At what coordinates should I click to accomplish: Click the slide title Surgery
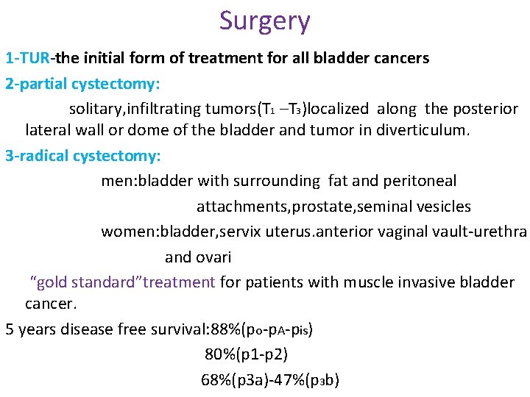pos(264,21)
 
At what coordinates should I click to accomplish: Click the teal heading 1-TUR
pos(27,58)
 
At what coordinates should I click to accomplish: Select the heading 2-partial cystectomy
pos(82,84)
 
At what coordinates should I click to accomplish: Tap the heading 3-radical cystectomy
pos(82,156)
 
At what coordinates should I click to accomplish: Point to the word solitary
pos(95,109)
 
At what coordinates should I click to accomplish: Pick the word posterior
pos(484,109)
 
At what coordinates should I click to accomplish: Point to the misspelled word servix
pos(217,232)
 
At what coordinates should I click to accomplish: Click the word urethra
pos(504,232)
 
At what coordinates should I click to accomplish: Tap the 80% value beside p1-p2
pos(218,354)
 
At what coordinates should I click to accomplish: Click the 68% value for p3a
pos(214,380)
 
